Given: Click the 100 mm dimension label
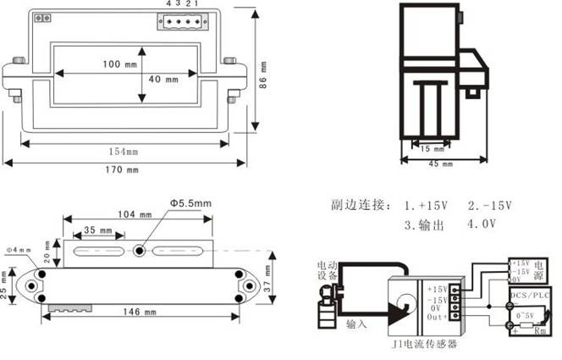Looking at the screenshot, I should (119, 65).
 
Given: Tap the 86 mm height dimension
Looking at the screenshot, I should (263, 76).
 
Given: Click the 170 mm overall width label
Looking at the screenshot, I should (119, 170).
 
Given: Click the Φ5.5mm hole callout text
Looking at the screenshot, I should (190, 203).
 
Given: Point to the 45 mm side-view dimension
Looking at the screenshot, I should (437, 163).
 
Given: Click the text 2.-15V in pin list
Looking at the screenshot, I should (490, 206).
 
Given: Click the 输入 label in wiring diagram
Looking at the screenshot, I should (356, 324).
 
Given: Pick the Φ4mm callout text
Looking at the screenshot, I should (18, 249).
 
